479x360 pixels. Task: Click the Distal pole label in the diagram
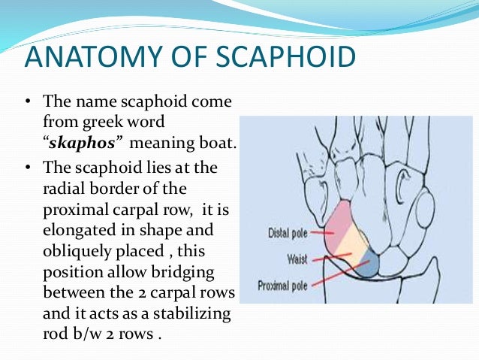(288, 233)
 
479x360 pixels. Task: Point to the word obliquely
(77, 250)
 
